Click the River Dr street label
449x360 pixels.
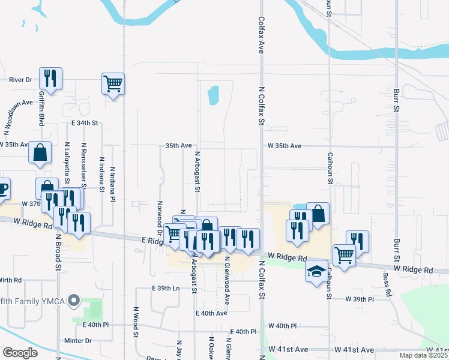coord(20,79)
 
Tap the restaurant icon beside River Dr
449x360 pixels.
coord(50,79)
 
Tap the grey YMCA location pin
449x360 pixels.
coord(74,299)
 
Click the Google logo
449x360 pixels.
coord(20,353)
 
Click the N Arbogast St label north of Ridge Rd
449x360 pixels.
coord(196,172)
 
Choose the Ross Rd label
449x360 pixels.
coord(387,286)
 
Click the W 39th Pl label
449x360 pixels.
coord(360,299)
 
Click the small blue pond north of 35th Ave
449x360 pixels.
coord(212,95)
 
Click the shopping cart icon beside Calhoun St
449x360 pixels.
coord(344,254)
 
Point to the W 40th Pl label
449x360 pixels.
coord(283,326)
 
